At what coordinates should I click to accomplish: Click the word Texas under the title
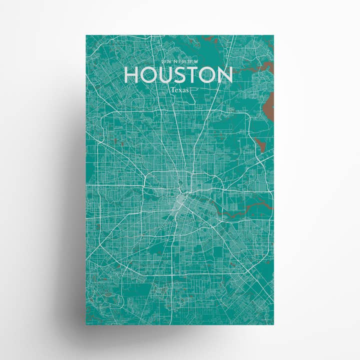179,90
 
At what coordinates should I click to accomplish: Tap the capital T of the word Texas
171,90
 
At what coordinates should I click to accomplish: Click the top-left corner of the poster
86,35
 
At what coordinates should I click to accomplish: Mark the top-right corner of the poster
273,35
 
